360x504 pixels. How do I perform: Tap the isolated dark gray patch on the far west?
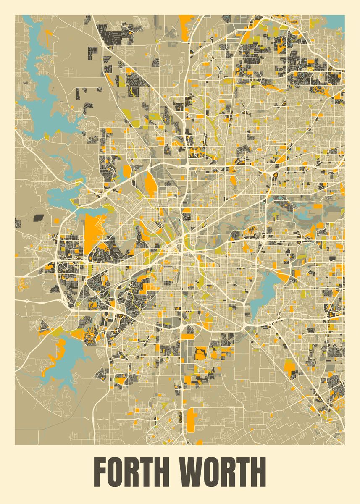(38, 218)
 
